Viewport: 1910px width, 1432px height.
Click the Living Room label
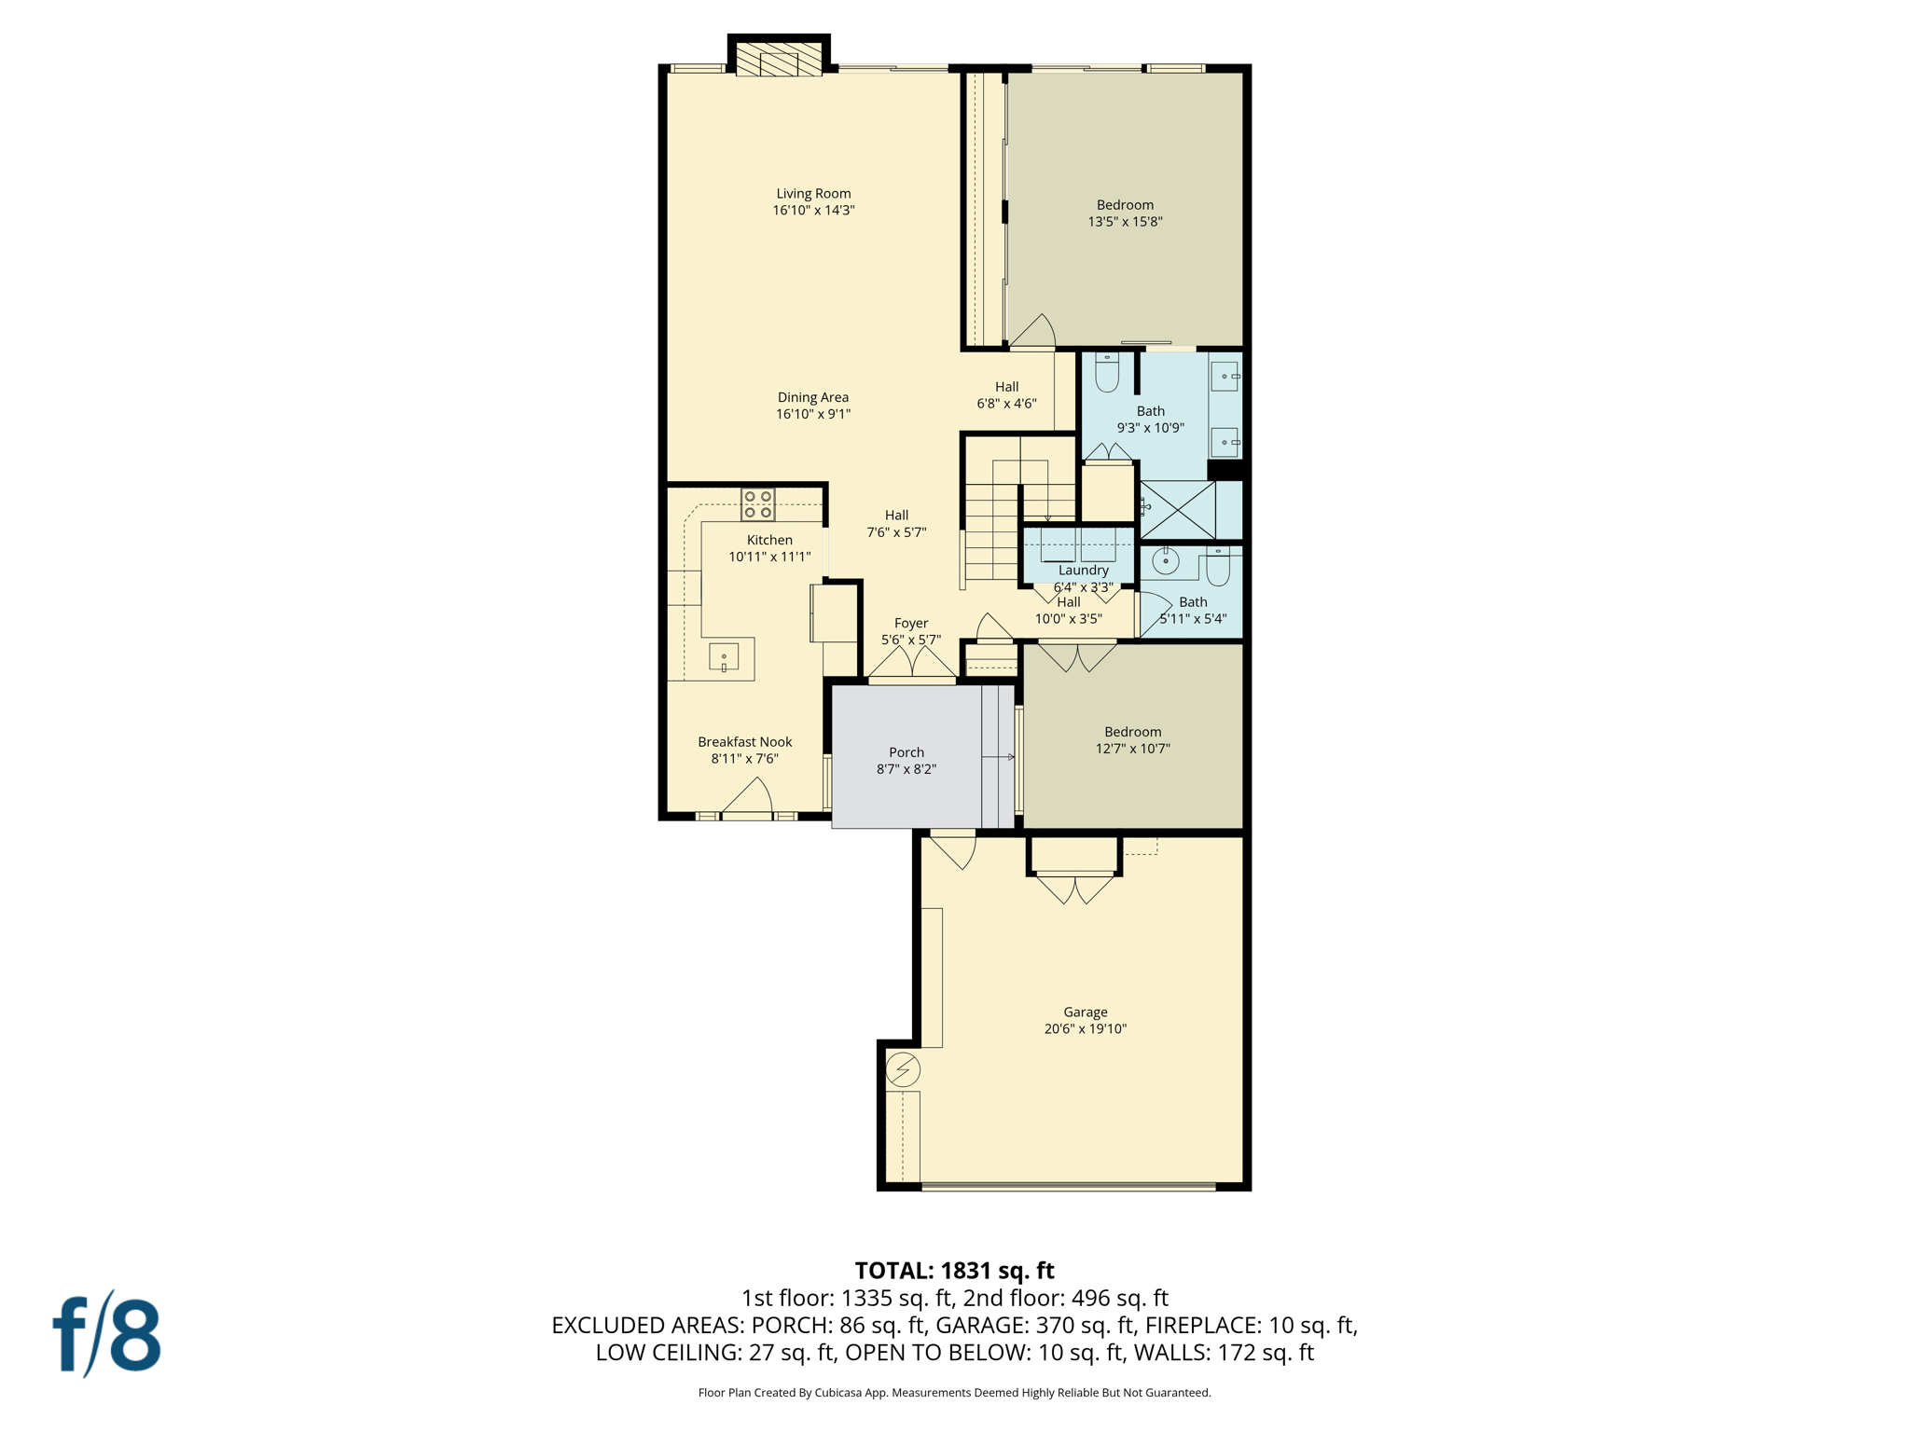tap(813, 194)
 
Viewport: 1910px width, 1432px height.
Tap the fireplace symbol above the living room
tap(779, 59)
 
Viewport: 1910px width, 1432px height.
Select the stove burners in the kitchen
tap(757, 504)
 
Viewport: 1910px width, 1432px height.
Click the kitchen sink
tap(724, 657)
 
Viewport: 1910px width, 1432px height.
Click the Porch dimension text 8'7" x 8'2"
tap(906, 769)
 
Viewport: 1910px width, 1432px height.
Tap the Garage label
tap(1085, 1012)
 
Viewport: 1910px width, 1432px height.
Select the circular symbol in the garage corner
tap(902, 1069)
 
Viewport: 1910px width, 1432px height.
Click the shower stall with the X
tap(1178, 510)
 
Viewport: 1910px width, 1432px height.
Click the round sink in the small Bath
tap(1165, 561)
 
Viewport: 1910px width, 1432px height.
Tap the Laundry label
tap(1083, 570)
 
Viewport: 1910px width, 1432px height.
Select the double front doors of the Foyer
tap(912, 664)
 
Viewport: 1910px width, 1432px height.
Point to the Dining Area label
tap(813, 397)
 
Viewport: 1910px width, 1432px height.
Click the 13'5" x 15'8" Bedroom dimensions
tap(1125, 222)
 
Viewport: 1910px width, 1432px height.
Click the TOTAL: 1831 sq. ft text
tap(954, 1271)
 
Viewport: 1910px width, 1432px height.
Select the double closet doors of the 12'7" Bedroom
tap(1077, 656)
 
